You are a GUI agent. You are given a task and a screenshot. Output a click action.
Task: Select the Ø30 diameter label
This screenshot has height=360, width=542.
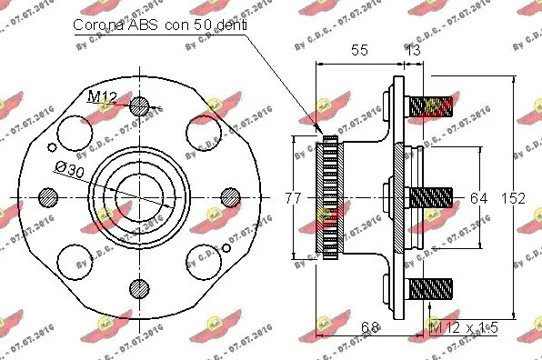[70, 168]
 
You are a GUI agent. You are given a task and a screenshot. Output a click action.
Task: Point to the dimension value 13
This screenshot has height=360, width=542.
[413, 52]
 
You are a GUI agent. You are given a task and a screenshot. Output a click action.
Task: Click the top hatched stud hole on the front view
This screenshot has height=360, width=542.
[138, 106]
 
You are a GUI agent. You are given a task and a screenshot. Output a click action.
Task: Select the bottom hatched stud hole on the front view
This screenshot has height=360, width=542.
[138, 288]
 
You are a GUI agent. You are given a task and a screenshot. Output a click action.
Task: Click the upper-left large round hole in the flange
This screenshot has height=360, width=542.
[75, 134]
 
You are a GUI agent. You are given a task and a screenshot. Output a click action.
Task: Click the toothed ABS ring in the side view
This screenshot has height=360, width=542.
[327, 197]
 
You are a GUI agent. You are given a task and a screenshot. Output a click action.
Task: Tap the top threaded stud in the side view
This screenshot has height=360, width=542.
[430, 108]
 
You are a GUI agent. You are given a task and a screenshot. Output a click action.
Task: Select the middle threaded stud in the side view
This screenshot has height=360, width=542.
[430, 197]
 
